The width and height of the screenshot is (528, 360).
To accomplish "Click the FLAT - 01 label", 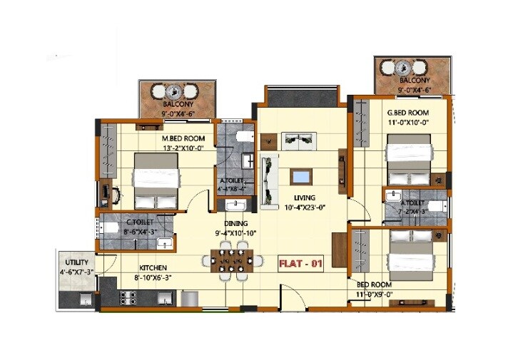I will click(300, 264).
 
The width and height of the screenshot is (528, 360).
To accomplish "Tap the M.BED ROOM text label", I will click(183, 138).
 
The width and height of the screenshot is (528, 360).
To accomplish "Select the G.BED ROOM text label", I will click(409, 113).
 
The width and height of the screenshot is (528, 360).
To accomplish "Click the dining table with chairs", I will click(232, 262).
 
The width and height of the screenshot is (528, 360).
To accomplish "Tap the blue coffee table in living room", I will click(301, 176).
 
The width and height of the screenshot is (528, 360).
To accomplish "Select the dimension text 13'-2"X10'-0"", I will click(183, 149).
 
